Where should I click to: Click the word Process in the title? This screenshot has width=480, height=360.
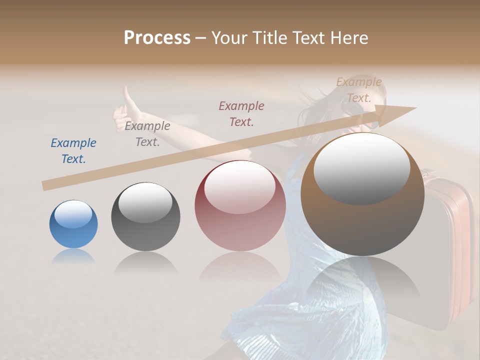click(157, 38)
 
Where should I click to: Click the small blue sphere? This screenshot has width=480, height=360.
click(73, 224)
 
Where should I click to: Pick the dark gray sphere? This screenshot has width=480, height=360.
click(145, 216)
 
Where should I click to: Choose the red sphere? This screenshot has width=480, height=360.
click(240, 206)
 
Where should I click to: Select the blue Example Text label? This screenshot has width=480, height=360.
click(73, 151)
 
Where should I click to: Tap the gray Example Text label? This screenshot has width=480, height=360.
click(147, 134)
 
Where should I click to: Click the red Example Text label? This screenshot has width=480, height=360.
click(241, 113)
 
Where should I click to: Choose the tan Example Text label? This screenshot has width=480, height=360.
click(359, 90)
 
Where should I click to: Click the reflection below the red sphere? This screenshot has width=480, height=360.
click(240, 270)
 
